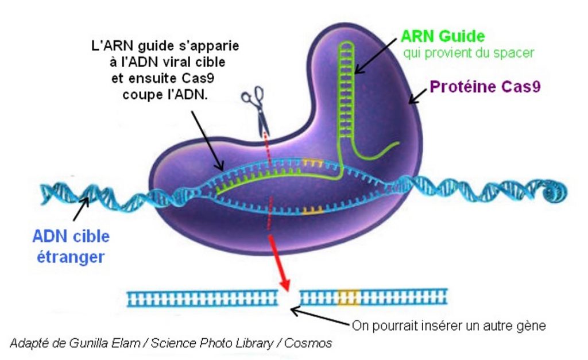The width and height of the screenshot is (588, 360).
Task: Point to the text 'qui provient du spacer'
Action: coord(469,53)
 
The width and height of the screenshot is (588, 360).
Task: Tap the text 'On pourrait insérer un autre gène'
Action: coord(448,326)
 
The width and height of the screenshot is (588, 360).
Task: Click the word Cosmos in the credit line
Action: coord(311,343)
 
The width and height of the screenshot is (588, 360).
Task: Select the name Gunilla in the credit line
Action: coord(87,343)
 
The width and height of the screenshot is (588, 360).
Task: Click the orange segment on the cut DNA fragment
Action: coord(348,297)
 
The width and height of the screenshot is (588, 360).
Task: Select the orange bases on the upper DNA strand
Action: coord(312,162)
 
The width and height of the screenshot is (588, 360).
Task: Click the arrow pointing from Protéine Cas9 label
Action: coord(417,98)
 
